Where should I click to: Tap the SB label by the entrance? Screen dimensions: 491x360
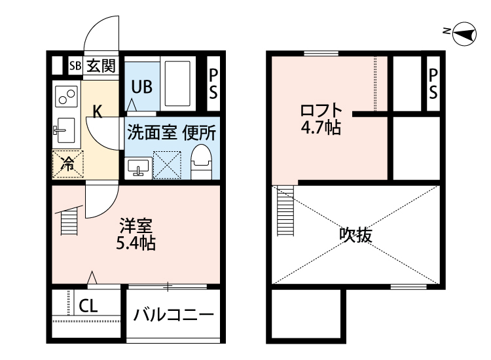click(75, 65)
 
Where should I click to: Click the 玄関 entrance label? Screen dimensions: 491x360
click(101, 65)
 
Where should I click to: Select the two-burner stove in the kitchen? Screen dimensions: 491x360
click(66, 96)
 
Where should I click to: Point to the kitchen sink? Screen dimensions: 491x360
click(65, 130)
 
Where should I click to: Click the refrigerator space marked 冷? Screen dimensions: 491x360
click(68, 165)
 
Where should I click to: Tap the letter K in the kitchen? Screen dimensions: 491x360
click(98, 111)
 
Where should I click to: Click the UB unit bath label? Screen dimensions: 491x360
click(142, 86)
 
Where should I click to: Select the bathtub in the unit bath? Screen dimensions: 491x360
click(177, 83)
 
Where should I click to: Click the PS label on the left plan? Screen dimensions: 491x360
click(213, 84)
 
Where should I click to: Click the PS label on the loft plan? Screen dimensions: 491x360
click(433, 84)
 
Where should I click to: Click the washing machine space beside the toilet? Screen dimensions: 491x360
click(167, 165)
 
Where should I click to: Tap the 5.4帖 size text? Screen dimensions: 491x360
click(136, 243)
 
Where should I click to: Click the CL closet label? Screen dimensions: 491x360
click(88, 306)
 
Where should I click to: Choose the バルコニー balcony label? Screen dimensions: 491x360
click(173, 314)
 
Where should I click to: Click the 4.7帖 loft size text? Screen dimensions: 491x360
click(321, 128)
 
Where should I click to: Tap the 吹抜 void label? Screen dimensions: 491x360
click(355, 234)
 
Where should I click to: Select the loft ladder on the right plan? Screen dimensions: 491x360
click(285, 210)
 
